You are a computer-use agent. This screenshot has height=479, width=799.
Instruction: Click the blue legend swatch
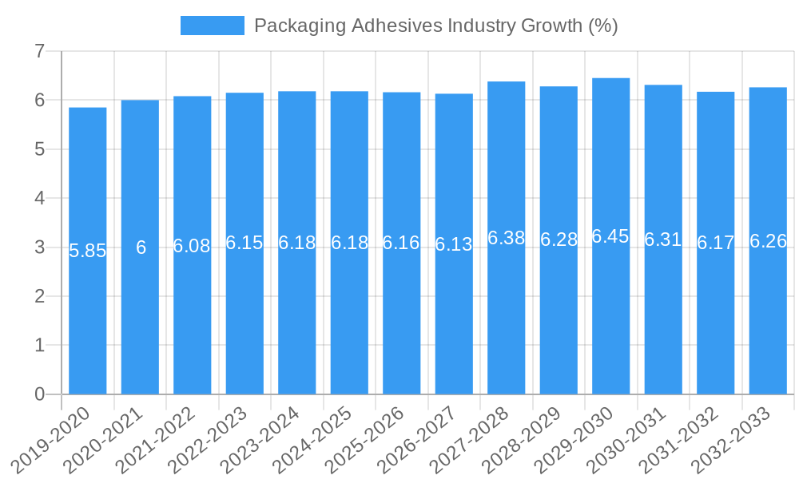point(212,26)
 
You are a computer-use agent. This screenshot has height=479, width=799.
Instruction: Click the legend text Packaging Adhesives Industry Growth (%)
point(435,26)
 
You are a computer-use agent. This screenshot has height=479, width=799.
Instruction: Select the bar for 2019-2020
point(88,319)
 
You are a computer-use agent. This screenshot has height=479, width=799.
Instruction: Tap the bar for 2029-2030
point(611,319)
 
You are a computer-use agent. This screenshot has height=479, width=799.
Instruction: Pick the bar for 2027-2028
point(507,319)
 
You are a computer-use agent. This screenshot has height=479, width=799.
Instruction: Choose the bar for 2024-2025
point(349,319)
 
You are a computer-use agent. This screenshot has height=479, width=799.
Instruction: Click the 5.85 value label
point(88,251)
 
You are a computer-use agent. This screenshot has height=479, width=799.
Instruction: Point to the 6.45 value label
point(611,236)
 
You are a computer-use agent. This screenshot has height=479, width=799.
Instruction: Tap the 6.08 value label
point(193,246)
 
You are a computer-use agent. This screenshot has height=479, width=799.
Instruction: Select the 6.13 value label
point(454,244)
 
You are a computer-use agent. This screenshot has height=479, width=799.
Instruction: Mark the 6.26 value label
point(768,241)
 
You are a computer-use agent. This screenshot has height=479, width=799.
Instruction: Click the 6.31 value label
point(663,239)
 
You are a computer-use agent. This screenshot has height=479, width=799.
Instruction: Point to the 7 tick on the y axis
point(39,52)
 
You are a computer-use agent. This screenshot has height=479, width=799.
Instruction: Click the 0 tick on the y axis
point(39,394)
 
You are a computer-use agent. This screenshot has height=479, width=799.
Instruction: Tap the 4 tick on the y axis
point(39,198)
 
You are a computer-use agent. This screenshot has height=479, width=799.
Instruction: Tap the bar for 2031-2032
point(716,319)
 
